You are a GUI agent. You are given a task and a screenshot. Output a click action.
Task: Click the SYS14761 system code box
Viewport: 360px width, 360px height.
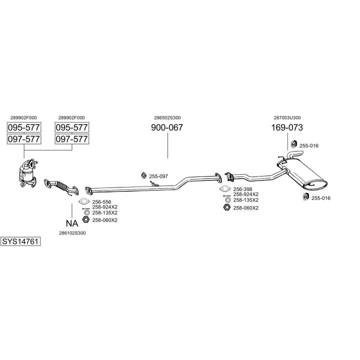click(x=20, y=241)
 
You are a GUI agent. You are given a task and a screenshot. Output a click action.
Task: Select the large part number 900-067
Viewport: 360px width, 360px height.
click(x=167, y=127)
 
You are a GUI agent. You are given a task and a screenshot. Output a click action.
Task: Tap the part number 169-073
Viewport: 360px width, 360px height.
click(x=287, y=127)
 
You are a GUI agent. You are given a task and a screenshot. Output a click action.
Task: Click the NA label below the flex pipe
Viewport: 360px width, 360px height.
click(x=72, y=223)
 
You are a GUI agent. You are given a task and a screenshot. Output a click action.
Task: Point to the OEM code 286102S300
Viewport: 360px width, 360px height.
click(x=72, y=233)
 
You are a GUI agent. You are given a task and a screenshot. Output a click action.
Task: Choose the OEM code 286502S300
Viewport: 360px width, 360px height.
click(x=167, y=117)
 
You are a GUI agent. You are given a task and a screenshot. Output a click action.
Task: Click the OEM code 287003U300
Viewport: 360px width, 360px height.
click(x=287, y=117)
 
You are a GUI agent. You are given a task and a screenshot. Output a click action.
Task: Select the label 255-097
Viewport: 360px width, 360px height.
click(x=158, y=176)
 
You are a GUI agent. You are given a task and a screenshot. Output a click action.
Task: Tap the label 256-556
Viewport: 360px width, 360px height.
click(x=101, y=201)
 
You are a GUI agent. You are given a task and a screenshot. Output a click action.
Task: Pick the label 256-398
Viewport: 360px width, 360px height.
click(x=242, y=189)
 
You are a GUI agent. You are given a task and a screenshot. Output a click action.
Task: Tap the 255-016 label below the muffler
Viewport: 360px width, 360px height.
click(x=320, y=198)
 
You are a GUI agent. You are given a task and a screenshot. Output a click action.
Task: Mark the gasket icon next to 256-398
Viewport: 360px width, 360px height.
click(x=225, y=189)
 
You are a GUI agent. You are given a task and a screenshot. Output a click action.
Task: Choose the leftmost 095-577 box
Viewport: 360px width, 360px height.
click(x=24, y=127)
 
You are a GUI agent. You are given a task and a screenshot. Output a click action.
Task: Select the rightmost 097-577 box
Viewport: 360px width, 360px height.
click(x=71, y=139)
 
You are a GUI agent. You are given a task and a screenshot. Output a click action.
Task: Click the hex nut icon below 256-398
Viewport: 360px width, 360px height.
click(x=226, y=207)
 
